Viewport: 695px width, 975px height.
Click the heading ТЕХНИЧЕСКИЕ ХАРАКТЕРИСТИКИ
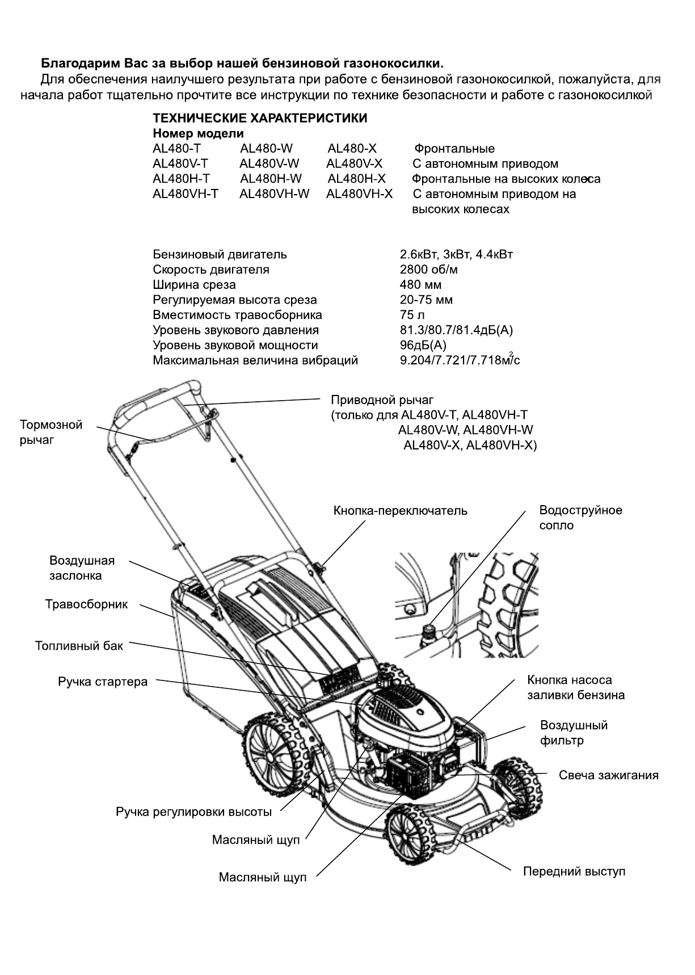coord(260,119)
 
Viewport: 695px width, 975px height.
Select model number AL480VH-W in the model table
coord(275,194)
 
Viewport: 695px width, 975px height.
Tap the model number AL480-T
coord(176,149)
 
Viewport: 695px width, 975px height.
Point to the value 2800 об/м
coord(429,270)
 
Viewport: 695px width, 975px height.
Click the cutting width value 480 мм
coord(420,285)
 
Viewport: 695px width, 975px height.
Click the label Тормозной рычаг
coord(51,432)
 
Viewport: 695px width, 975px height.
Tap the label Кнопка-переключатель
coord(401,511)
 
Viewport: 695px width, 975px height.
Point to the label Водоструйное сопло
coord(580,518)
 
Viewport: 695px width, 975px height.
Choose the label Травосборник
coord(87,604)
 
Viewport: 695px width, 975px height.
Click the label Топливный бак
coord(79,646)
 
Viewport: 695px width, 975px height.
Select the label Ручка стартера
coord(103,682)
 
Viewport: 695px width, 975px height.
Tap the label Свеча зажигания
coord(609,775)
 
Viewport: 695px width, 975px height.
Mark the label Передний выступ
coord(574,871)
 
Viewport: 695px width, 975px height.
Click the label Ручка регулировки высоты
coord(194,812)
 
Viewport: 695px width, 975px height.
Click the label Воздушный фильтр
coord(574,733)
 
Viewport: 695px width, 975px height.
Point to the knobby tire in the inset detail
coord(508,604)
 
